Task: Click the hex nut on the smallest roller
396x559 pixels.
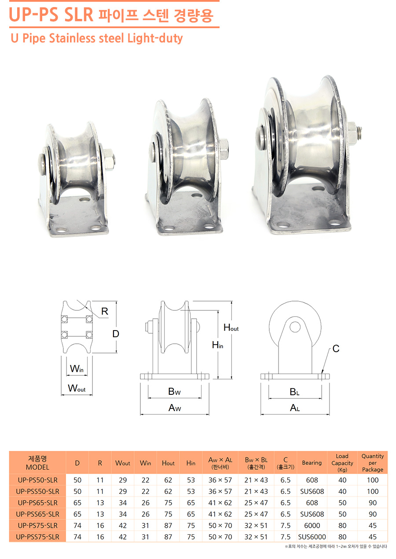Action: click(x=109, y=159)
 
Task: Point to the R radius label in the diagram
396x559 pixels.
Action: click(x=105, y=311)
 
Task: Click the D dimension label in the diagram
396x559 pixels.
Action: click(x=116, y=334)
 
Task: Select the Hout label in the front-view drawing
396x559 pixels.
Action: click(x=231, y=327)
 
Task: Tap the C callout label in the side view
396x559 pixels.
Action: click(x=336, y=349)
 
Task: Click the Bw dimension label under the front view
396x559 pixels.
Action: click(x=174, y=391)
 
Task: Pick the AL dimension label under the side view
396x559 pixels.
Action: click(x=295, y=408)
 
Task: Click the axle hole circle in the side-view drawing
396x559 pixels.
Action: click(x=295, y=327)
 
